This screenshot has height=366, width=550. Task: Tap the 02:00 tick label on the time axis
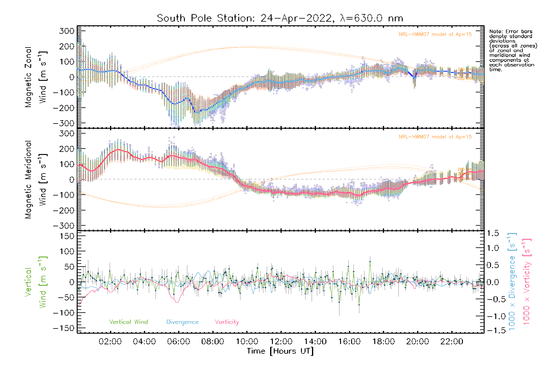click(x=110, y=342)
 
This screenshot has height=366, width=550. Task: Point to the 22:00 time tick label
click(x=452, y=342)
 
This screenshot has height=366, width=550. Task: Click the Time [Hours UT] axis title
click(x=280, y=351)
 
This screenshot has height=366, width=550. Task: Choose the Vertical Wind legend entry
click(x=128, y=322)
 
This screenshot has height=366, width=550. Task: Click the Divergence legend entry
click(x=182, y=322)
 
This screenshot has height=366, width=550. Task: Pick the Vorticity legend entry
click(x=227, y=322)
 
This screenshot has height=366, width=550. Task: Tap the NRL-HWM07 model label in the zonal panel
click(x=435, y=34)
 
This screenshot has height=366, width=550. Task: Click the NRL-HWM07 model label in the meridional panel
click(x=435, y=137)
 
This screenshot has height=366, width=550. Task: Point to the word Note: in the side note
click(x=495, y=31)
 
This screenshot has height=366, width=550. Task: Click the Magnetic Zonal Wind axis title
click(x=36, y=77)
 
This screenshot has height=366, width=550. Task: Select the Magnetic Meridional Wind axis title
click(x=36, y=179)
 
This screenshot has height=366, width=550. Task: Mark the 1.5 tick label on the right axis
click(x=493, y=233)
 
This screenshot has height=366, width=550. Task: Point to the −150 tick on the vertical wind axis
click(x=64, y=328)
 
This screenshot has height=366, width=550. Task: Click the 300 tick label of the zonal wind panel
click(x=67, y=31)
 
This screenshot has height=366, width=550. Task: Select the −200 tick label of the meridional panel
click(x=64, y=210)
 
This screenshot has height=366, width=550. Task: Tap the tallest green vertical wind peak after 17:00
click(x=370, y=261)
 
